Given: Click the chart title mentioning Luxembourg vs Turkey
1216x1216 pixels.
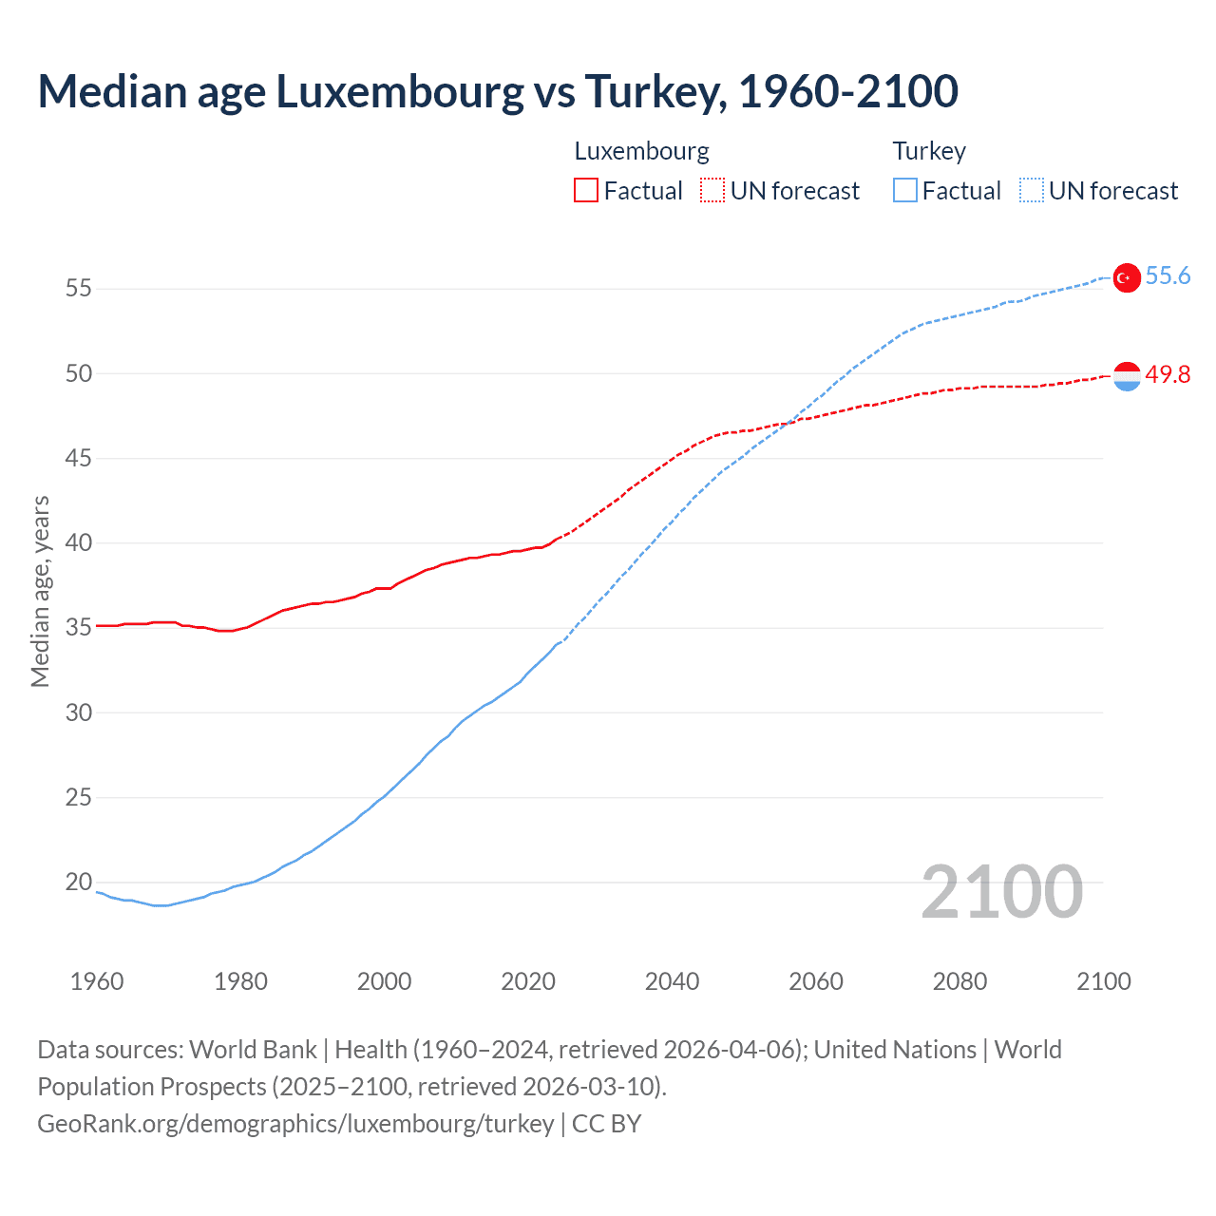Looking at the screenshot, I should click(x=498, y=91).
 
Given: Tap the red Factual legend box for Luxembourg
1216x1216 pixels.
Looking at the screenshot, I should click(x=586, y=191).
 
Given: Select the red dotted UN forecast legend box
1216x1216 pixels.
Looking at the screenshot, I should click(x=712, y=191).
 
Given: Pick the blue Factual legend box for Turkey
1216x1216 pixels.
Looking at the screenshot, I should click(x=905, y=191).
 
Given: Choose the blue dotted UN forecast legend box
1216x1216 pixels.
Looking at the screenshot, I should click(x=1032, y=191).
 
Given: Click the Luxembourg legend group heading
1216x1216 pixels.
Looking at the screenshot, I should click(x=642, y=151).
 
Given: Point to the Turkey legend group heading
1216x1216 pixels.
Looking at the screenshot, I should click(x=929, y=151).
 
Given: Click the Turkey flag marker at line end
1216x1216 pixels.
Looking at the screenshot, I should click(x=1127, y=277).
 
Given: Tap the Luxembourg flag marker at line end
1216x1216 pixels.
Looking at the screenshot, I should click(x=1127, y=376).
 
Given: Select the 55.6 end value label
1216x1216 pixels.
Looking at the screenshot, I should click(x=1168, y=276).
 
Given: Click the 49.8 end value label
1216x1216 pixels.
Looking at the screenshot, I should click(x=1168, y=375).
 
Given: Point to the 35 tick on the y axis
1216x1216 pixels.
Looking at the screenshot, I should click(x=79, y=628).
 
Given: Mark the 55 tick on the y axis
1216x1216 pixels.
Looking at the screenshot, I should click(x=79, y=289).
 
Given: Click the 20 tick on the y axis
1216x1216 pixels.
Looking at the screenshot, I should click(x=79, y=883).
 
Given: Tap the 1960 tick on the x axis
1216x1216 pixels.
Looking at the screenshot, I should click(x=97, y=981).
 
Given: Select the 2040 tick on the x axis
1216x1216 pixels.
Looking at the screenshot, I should click(x=672, y=981).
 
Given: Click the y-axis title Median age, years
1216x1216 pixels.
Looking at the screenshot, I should click(x=40, y=591).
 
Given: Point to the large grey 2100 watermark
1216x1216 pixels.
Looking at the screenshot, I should click(x=1002, y=892).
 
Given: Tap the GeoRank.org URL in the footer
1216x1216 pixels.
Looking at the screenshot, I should click(x=295, y=1124).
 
